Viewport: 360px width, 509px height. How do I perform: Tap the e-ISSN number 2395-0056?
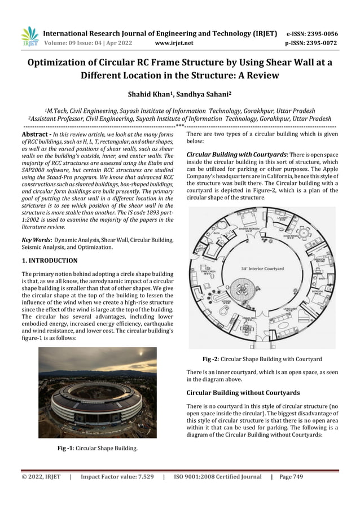tap(323, 33)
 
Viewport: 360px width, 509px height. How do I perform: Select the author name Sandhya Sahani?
tap(204, 93)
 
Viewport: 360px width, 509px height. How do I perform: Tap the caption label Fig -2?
tap(213, 359)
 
